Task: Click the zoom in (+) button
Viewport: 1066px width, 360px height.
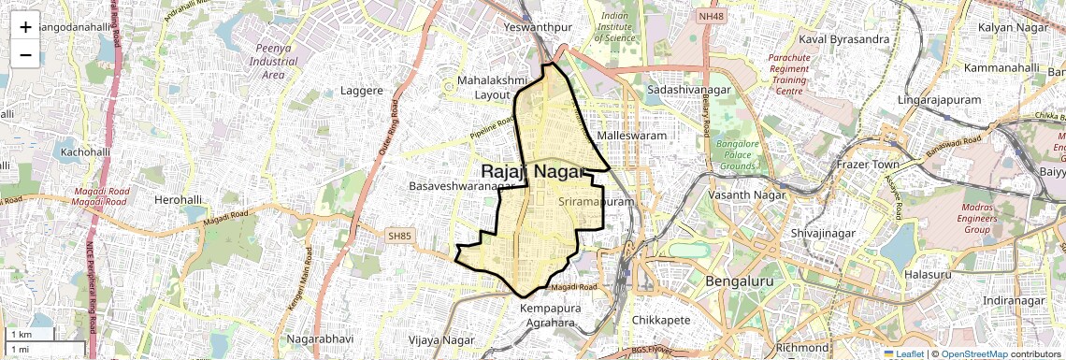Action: (25, 27)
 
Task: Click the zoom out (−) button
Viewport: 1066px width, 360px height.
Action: (25, 54)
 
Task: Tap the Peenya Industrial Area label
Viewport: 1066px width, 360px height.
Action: (273, 61)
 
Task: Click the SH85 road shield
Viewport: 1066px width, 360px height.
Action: (398, 238)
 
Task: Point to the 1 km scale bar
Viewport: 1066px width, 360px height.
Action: (34, 335)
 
